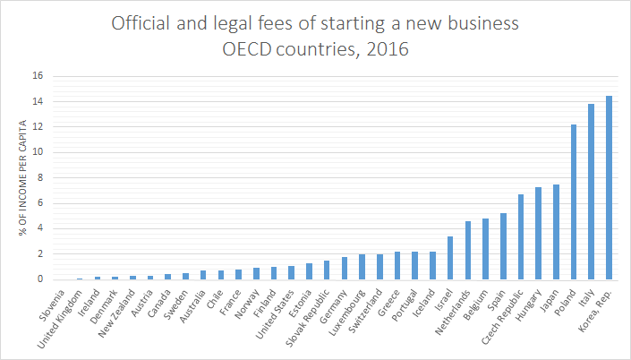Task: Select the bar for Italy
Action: tap(591, 192)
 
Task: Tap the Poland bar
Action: tap(574, 201)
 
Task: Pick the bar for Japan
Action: tap(556, 232)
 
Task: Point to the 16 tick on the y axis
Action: tap(37, 76)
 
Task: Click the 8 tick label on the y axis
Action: tap(39, 177)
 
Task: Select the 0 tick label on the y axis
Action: tap(39, 279)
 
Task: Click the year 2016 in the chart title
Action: tap(388, 48)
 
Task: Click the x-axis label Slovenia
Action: tap(68, 302)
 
